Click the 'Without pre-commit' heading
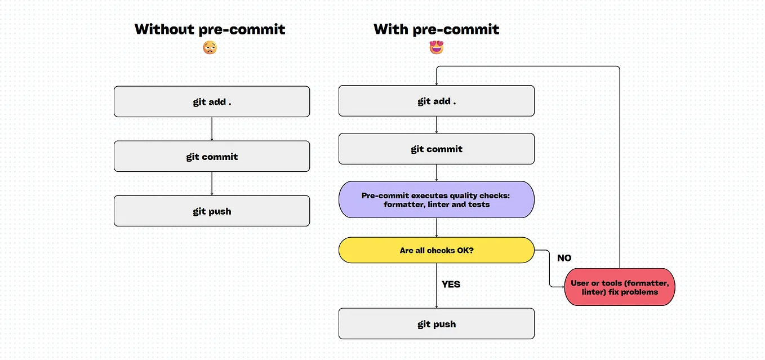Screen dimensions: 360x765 pos(210,29)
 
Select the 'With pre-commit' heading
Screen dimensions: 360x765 pos(436,29)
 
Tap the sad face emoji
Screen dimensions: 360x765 pos(210,48)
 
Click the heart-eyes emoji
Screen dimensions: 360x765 pos(436,48)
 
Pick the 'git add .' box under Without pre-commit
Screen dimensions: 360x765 pos(212,101)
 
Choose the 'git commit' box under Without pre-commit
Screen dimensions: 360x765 pos(212,156)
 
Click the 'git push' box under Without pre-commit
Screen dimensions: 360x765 pos(212,211)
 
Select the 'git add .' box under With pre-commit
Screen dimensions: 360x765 pos(436,101)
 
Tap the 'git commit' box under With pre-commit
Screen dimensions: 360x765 pos(436,149)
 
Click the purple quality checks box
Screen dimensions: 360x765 pos(436,199)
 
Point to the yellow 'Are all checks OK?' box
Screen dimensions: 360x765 pos(436,250)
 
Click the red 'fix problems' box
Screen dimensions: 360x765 pos(620,287)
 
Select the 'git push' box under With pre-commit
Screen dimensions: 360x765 pos(436,323)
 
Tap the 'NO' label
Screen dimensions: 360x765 pos(564,258)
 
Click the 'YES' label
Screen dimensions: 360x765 pos(451,285)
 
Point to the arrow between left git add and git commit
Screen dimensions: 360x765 pos(212,129)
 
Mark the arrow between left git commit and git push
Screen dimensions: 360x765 pos(212,183)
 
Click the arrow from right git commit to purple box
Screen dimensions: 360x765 pos(437,172)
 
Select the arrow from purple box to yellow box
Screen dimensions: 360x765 pos(437,227)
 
